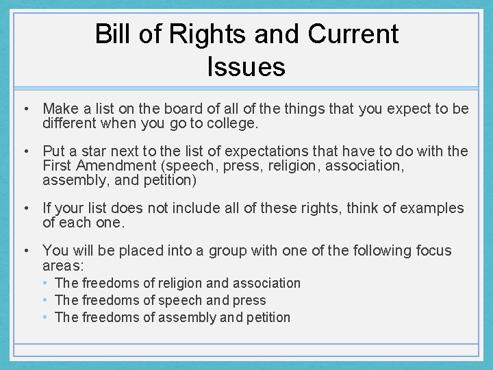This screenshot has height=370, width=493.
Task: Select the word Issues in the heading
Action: point(246,66)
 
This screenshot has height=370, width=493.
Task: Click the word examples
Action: point(427,208)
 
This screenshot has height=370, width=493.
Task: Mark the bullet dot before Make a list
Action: point(25,109)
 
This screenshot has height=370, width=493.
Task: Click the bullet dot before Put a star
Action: point(25,151)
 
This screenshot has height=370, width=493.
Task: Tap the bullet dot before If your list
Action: point(25,208)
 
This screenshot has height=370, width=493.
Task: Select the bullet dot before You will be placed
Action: point(25,251)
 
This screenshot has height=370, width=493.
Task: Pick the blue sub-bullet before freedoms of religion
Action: point(45,283)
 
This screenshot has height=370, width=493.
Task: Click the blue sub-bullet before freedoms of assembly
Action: point(45,317)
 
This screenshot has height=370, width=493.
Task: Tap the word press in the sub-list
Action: point(251,300)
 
